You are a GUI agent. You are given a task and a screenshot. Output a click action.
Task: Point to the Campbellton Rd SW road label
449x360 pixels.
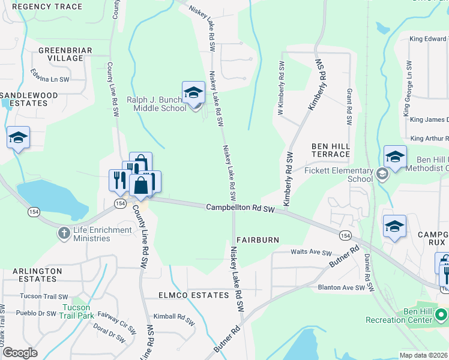click(x=240, y=208)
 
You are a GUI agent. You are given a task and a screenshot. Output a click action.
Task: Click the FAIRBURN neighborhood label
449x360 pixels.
click(x=258, y=240)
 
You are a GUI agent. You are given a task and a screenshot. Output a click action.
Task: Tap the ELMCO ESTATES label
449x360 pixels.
click(x=193, y=295)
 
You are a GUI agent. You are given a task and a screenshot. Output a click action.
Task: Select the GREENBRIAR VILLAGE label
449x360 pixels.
click(x=61, y=54)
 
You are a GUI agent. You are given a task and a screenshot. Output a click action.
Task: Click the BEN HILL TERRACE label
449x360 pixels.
click(x=330, y=150)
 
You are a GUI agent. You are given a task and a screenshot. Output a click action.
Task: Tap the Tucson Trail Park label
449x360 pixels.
click(x=76, y=311)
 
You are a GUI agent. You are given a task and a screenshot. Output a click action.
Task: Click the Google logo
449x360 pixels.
click(x=20, y=353)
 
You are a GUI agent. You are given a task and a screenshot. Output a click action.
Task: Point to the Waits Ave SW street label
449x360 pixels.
click(x=311, y=253)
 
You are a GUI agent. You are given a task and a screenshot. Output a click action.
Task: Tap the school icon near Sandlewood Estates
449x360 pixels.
click(x=18, y=137)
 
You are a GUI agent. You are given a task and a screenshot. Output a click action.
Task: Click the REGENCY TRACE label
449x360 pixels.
click(x=47, y=7)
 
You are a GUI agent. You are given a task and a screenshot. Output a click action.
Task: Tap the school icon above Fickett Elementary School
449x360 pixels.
click(x=395, y=157)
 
